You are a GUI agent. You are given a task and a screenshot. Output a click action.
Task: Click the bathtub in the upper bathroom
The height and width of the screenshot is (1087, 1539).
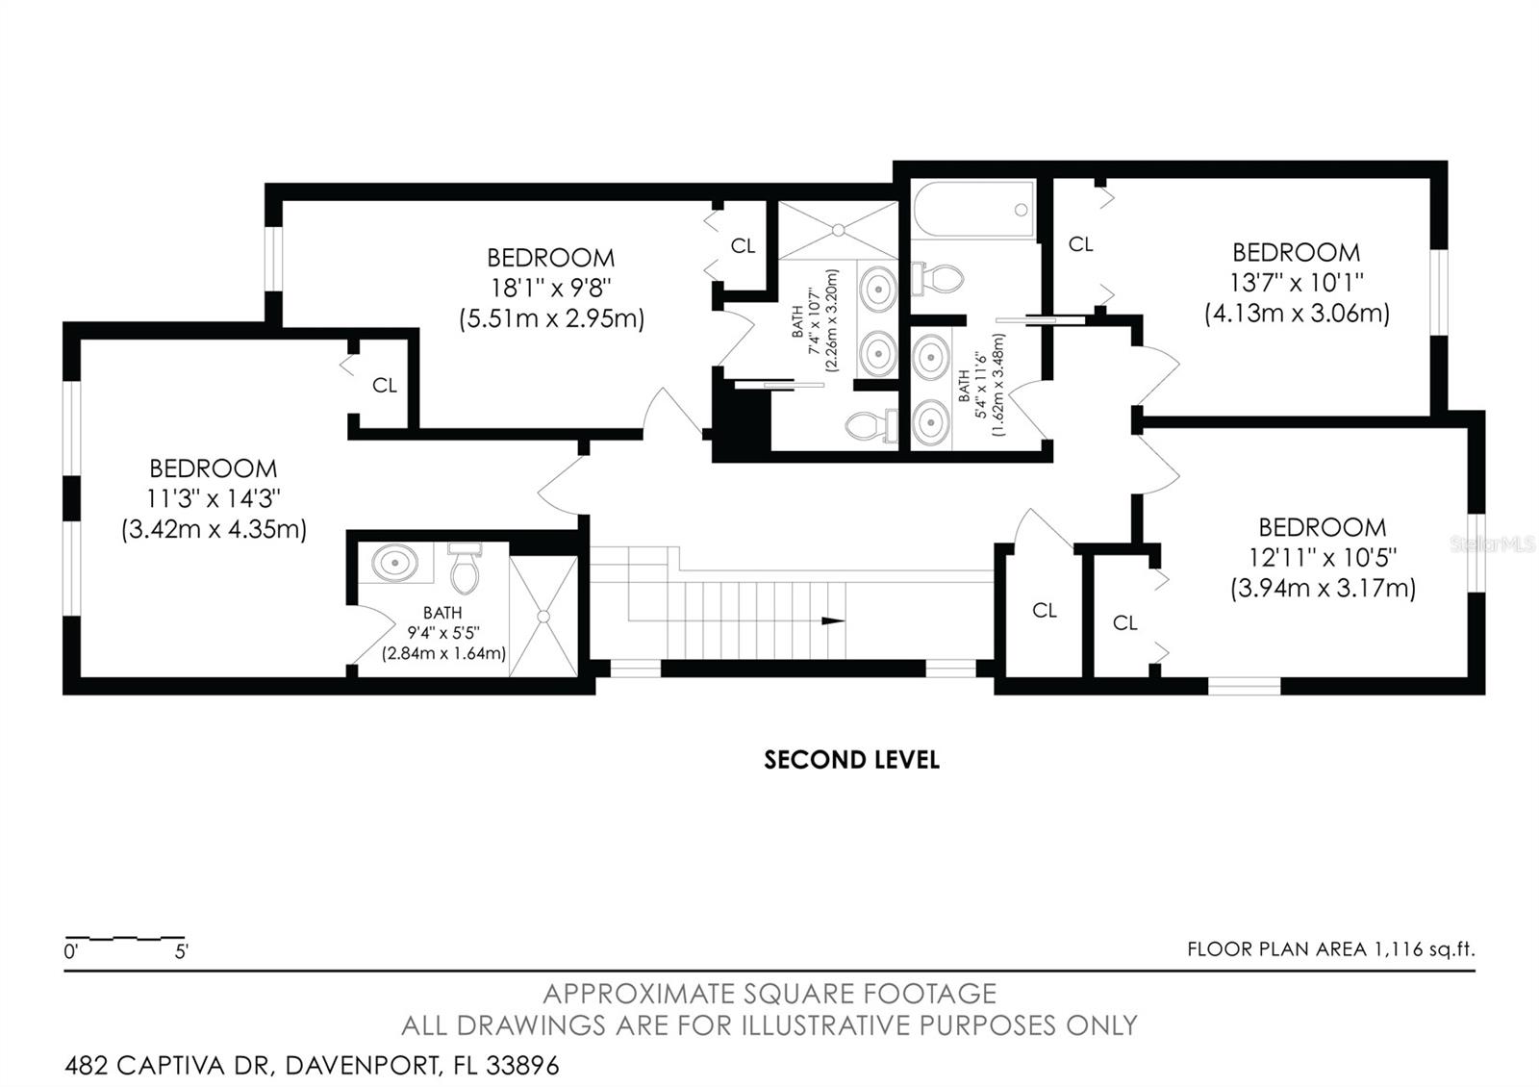click(x=973, y=210)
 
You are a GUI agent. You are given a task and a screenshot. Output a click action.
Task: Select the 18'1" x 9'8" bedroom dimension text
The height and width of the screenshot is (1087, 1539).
click(x=550, y=288)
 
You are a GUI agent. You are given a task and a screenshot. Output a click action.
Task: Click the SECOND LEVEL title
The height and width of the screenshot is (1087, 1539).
click(x=851, y=760)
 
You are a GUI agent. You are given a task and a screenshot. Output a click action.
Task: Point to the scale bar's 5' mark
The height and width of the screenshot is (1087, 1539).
click(x=182, y=952)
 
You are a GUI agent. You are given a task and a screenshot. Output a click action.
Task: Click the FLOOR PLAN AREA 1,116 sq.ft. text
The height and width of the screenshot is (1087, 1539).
click(x=1330, y=949)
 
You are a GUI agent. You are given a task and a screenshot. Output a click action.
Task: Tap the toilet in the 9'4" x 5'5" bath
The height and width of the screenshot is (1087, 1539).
click(x=465, y=569)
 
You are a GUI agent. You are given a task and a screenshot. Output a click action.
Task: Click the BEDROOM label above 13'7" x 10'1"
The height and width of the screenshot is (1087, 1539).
click(x=1296, y=253)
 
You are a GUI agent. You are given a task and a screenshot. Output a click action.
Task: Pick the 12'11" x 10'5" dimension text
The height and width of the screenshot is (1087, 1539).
click(x=1323, y=557)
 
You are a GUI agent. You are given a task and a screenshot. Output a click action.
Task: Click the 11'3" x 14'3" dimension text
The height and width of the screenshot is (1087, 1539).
click(x=214, y=498)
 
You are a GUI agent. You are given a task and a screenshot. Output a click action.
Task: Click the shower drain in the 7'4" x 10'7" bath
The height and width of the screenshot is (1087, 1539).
click(x=838, y=230)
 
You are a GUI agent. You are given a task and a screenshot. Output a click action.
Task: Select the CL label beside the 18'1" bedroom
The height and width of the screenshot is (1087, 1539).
click(x=743, y=246)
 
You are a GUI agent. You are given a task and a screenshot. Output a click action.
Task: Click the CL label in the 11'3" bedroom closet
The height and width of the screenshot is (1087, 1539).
click(x=385, y=386)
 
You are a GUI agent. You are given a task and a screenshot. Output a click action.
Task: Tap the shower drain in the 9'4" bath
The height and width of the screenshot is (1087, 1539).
click(x=543, y=616)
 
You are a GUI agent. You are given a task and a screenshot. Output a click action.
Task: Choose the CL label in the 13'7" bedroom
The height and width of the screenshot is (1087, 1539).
click(x=1080, y=245)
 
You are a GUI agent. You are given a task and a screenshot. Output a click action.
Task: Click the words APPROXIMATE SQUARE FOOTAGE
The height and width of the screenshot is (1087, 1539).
click(x=769, y=994)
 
